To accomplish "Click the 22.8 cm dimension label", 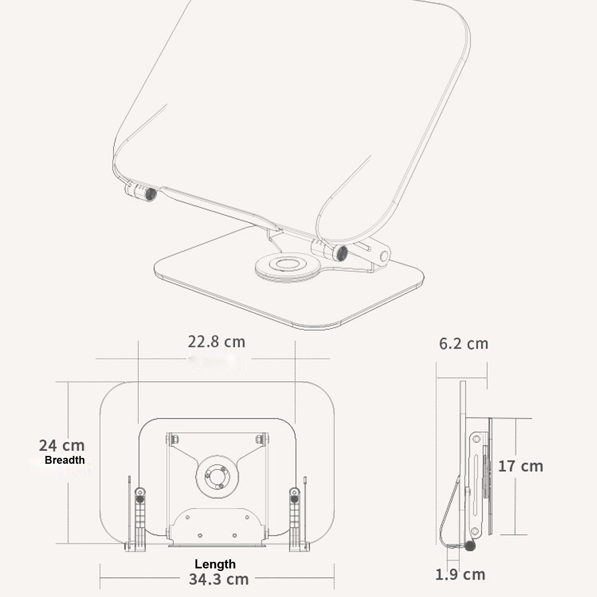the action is (x=216, y=342).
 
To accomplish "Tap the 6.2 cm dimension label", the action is (x=463, y=344).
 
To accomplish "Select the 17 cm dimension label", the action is (x=521, y=466).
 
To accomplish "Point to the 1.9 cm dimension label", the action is (x=460, y=575).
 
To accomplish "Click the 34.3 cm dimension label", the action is (x=219, y=579).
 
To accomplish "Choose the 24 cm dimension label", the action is (x=62, y=446).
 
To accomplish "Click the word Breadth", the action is (x=65, y=460).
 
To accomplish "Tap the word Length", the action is (x=215, y=564).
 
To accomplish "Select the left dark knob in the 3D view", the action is (x=151, y=194).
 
